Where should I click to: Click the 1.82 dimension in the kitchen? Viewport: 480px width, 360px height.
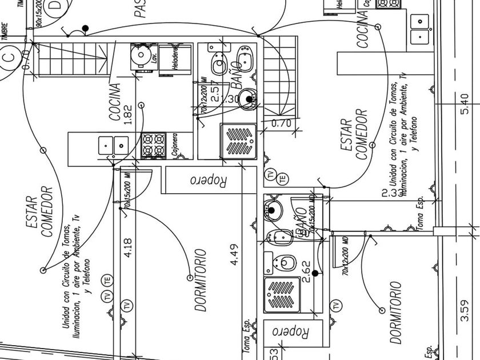(127, 114)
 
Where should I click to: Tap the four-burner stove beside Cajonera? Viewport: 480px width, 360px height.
(153, 145)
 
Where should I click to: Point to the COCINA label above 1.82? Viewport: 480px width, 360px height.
(114, 102)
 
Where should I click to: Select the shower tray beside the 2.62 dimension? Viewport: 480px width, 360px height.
(282, 294)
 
